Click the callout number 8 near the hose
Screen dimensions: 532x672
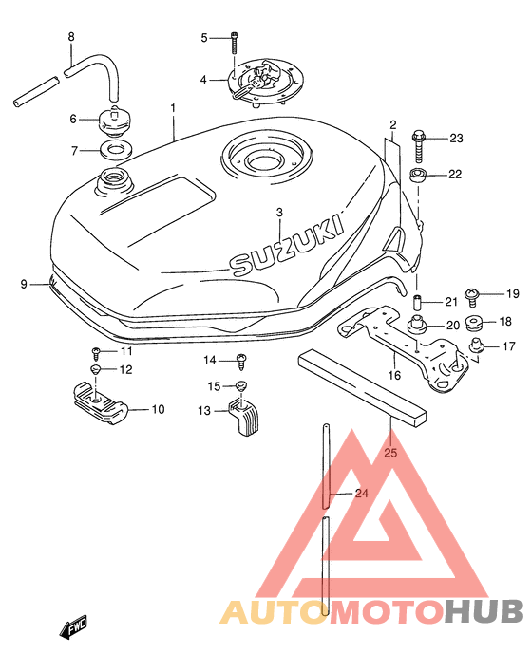(71, 37)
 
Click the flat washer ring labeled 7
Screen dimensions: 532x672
(116, 151)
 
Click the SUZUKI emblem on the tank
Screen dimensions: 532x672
(288, 246)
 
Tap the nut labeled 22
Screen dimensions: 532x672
(418, 176)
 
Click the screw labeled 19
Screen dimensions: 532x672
(472, 296)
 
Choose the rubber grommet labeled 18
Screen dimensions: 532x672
(474, 323)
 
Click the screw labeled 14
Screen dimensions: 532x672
(242, 362)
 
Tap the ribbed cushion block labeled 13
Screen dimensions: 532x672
(243, 416)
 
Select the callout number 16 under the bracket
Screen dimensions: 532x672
(394, 376)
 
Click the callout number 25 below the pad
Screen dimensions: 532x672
(390, 453)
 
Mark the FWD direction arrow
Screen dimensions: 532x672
(73, 627)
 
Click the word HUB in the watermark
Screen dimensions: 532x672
(484, 611)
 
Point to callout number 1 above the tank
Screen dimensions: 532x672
(173, 108)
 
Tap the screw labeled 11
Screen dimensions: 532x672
(96, 354)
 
